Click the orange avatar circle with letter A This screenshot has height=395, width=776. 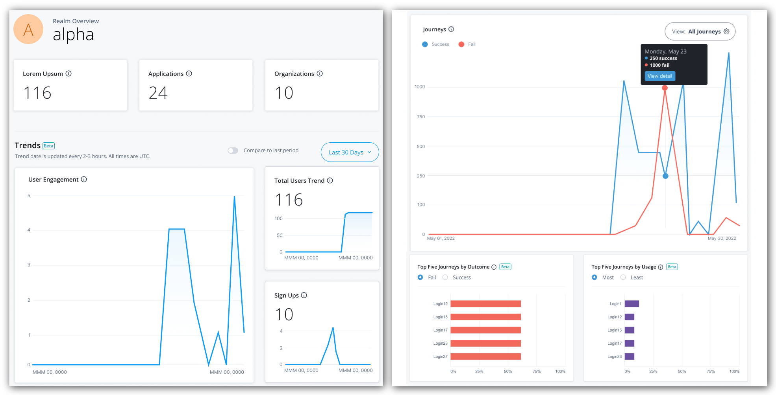coord(28,29)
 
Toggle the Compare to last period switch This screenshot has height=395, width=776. coord(233,151)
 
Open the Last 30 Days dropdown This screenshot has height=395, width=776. coord(350,152)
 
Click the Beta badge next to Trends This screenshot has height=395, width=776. coord(48,146)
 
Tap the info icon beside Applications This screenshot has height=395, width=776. coord(189,73)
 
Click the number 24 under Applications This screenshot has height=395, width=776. coord(158,93)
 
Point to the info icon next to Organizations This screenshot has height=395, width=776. coord(320,73)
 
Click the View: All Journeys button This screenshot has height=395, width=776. coord(700,31)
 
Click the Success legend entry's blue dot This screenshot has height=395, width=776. coord(425,44)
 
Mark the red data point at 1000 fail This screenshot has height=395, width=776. coord(665,88)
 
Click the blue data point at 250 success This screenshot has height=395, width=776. coord(665,176)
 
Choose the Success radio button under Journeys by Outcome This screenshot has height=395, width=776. coord(445,277)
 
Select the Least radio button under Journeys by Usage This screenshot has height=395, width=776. coord(623,277)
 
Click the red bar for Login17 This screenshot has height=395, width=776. coord(485,330)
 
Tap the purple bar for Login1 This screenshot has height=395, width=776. coord(632,304)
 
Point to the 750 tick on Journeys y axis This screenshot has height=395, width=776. coord(421,117)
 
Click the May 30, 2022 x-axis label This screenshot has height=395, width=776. coord(722,238)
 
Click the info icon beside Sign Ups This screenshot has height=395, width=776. coord(304,295)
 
